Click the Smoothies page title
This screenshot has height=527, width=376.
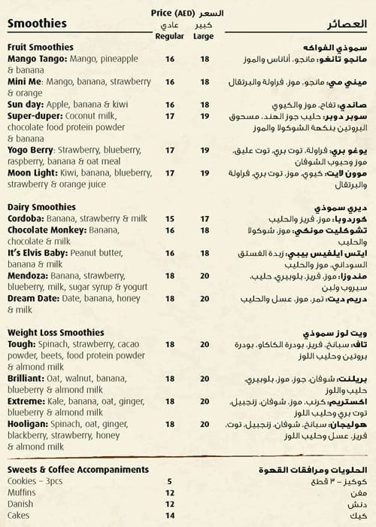point(37,23)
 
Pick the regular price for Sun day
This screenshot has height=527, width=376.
point(169,106)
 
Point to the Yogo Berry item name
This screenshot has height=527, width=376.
point(31,151)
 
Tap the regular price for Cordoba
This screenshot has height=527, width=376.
point(169,218)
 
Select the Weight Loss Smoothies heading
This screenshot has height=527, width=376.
point(56,332)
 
